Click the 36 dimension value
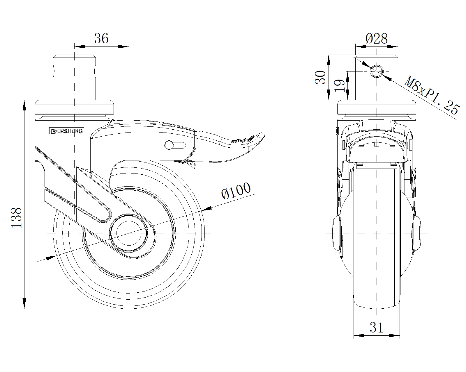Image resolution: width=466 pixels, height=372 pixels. click(101, 38)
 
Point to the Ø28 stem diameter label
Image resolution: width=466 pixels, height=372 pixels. click(377, 38)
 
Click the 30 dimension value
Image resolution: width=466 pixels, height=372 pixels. click(321, 77)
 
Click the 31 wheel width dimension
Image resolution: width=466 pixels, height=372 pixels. click(377, 328)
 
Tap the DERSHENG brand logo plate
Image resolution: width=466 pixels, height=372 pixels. click(66, 131)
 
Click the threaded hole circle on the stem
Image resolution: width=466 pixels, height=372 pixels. click(377, 71)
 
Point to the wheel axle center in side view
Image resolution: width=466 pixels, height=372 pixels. click(128, 233)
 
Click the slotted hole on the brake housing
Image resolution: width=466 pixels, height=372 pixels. click(175, 145)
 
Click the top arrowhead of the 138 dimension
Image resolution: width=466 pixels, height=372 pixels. click(24, 105)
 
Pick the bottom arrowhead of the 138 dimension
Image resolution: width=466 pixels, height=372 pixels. click(24, 303)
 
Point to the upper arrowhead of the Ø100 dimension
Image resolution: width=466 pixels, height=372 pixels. click(207, 208)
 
